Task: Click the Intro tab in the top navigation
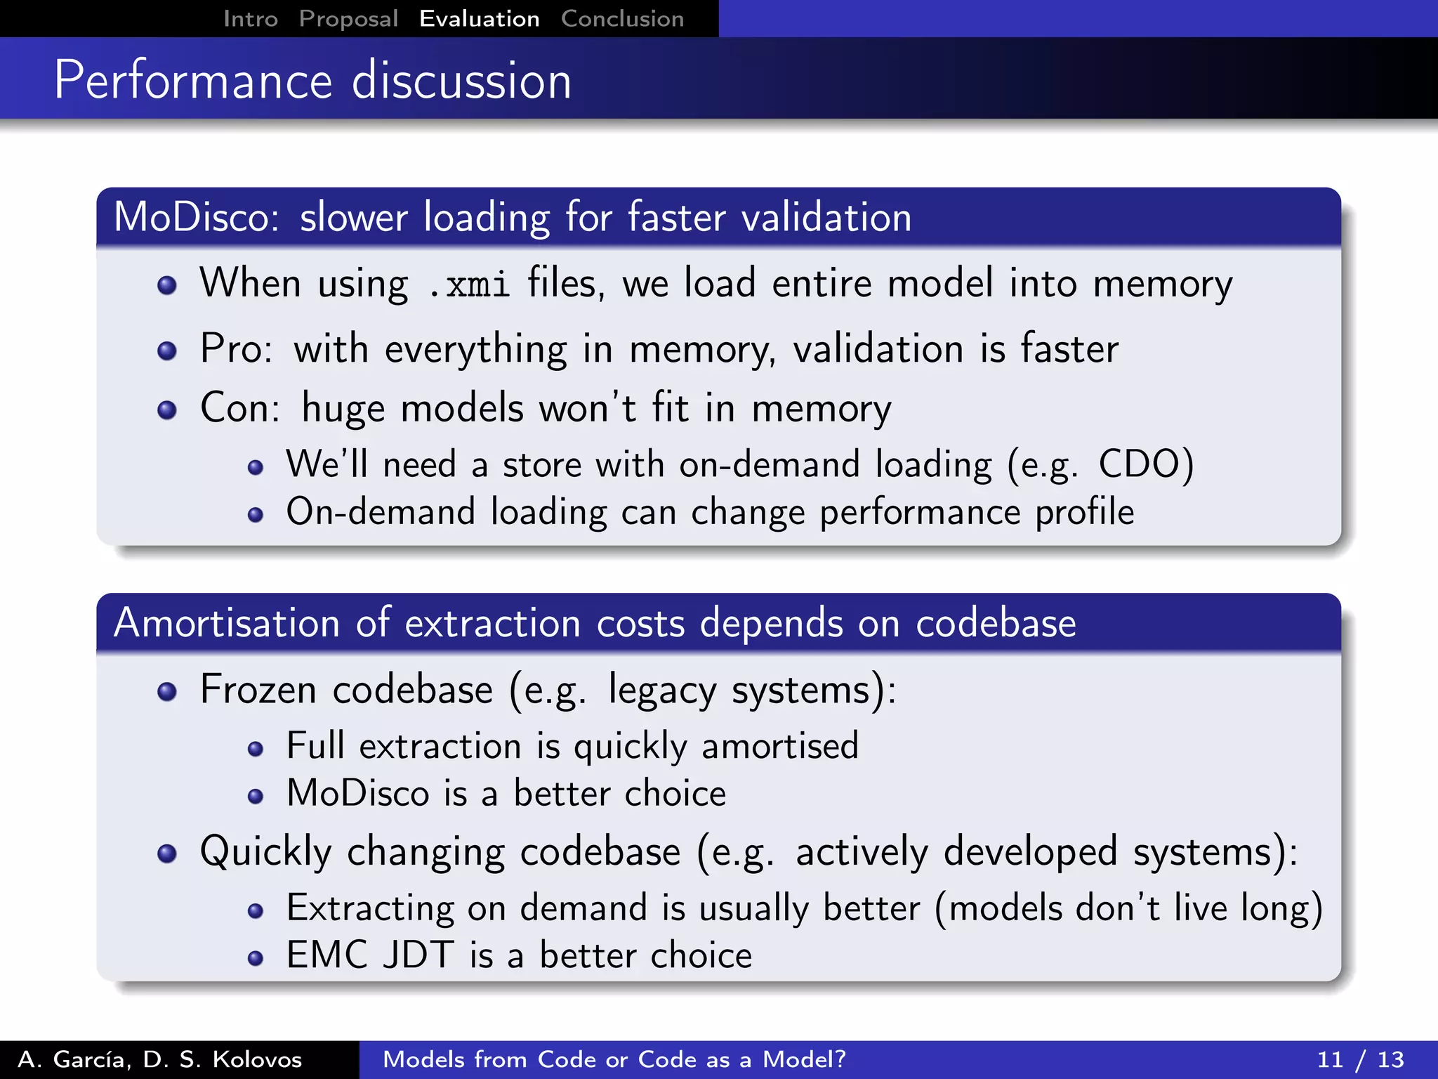coord(250,19)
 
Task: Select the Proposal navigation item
coord(348,19)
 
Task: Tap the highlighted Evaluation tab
coord(479,19)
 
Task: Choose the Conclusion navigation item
coord(622,19)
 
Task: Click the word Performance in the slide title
coord(193,81)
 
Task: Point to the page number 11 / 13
coord(1360,1059)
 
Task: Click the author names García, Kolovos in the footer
coord(160,1059)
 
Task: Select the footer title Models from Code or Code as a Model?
coord(614,1059)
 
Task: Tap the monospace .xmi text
coord(468,285)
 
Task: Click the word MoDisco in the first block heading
coord(196,217)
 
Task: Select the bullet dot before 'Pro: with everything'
coord(167,351)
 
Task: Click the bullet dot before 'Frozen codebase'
coord(167,692)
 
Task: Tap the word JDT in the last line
coord(418,955)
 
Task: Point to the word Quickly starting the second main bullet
coord(265,852)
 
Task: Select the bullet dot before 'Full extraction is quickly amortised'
coord(256,749)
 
